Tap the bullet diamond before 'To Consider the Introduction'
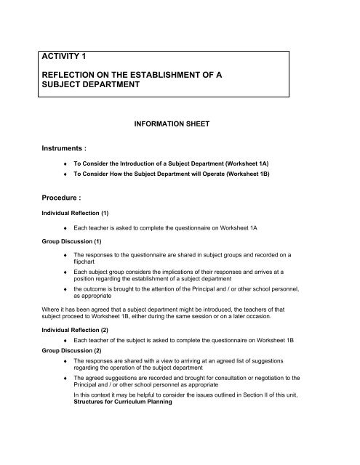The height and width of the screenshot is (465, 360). click(68, 166)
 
